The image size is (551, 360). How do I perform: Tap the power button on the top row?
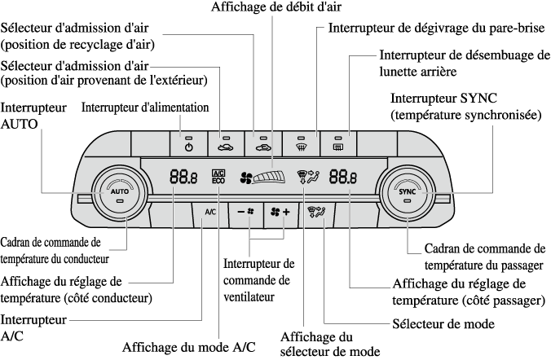pyautogui.click(x=188, y=143)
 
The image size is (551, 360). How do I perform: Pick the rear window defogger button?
pyautogui.click(x=337, y=143)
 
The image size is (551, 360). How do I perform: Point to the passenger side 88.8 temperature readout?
pyautogui.click(x=342, y=176)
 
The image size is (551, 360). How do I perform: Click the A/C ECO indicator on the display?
pyautogui.click(x=218, y=177)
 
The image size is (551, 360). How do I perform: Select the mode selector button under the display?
pyautogui.click(x=318, y=213)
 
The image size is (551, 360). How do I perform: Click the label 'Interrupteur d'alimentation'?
pyautogui.click(x=145, y=107)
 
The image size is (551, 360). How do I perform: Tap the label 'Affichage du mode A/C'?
pyautogui.click(x=188, y=346)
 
